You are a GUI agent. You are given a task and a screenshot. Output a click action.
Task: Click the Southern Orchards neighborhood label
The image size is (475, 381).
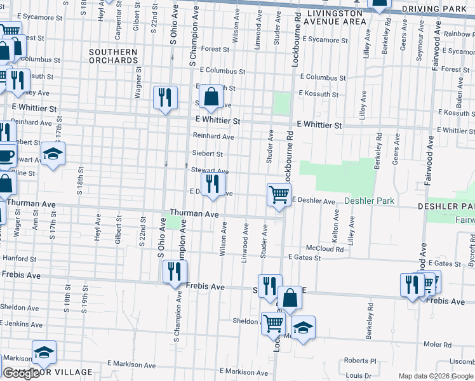[113, 56]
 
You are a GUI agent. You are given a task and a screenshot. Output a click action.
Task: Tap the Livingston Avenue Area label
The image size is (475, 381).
[336, 17]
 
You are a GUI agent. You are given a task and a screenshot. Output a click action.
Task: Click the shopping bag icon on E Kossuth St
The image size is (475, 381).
[212, 98]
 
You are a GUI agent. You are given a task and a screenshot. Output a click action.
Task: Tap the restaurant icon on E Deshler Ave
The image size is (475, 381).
[213, 185]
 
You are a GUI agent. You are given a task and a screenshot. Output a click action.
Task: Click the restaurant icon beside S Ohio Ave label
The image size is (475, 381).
[165, 98]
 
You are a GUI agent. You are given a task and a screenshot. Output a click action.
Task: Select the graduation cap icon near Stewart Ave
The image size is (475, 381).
[53, 154]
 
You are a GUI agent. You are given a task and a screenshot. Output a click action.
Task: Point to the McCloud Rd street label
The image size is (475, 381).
[324, 249]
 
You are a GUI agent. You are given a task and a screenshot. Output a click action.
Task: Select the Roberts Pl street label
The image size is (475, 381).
[360, 360]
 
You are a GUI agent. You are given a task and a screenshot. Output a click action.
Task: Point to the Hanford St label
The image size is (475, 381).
[19, 258]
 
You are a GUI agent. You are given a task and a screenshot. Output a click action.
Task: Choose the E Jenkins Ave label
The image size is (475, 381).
[22, 324]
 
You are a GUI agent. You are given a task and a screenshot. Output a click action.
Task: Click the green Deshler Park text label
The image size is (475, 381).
[369, 201]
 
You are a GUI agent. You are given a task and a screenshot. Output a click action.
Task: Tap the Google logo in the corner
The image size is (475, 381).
[20, 373]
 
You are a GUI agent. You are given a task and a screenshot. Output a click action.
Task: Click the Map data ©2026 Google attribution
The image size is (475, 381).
[435, 376]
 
